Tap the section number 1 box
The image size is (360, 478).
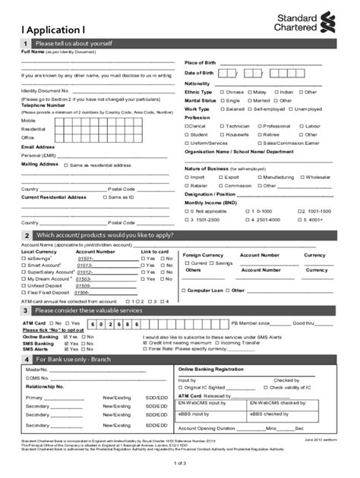[x=25, y=45]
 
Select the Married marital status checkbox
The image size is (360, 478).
[x=248, y=100]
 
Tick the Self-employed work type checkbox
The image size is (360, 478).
[x=248, y=108]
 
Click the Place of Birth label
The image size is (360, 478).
[x=201, y=62]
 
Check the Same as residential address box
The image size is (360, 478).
[x=66, y=165]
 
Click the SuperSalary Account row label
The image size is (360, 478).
[x=50, y=272]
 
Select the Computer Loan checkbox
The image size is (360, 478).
[x=185, y=290]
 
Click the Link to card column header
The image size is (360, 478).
[x=154, y=251]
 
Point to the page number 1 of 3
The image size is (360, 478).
[x=179, y=462]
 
